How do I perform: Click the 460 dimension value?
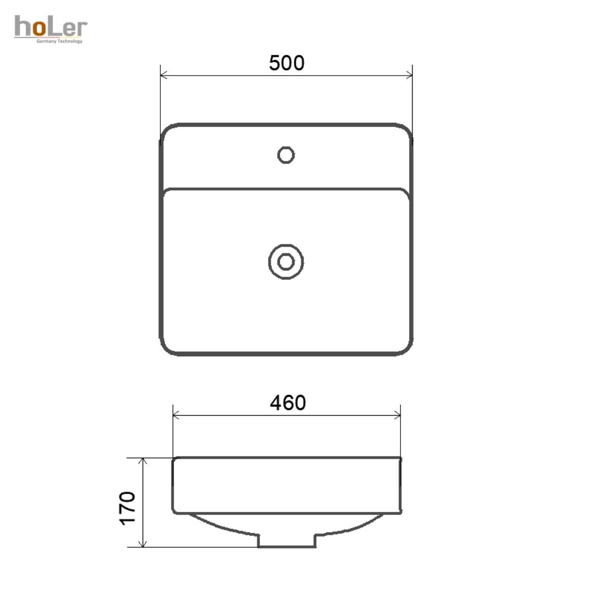point(288,402)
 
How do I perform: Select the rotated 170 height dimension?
point(127,509)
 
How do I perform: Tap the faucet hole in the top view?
point(286,155)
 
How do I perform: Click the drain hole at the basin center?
point(286,262)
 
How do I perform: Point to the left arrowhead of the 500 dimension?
point(164,75)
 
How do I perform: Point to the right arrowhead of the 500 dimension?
point(409,75)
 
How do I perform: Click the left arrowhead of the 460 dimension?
point(176,415)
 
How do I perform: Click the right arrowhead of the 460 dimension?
point(397,415)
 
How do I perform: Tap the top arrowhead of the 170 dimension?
point(143,461)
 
